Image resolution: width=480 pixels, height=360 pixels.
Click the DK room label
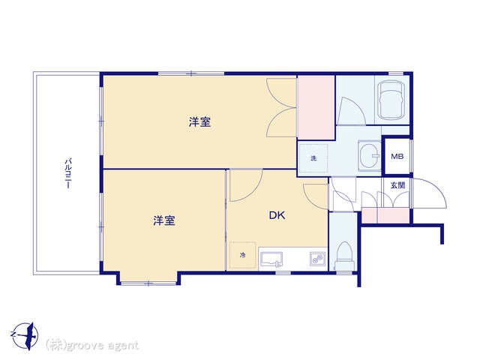tap(277, 215)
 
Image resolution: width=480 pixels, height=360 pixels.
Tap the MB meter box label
tap(397, 157)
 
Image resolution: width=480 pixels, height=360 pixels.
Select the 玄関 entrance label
tap(397, 185)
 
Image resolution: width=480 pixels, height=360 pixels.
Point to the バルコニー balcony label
tap(68, 173)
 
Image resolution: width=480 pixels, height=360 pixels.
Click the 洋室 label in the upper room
tap(199, 122)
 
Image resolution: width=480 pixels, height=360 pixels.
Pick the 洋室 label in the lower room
tap(164, 220)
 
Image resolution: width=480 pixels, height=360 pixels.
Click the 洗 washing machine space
tap(313, 158)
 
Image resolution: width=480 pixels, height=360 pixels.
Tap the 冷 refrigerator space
tap(242, 255)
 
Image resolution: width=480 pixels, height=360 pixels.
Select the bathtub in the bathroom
tap(390, 100)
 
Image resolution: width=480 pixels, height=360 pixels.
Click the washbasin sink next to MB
tap(370, 155)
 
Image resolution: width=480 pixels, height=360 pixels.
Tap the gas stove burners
tap(317, 259)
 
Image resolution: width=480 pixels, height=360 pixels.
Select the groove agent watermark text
tap(92, 345)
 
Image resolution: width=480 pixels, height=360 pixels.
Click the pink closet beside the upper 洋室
tap(316, 107)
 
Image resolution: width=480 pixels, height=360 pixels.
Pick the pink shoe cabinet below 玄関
tap(385, 215)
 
